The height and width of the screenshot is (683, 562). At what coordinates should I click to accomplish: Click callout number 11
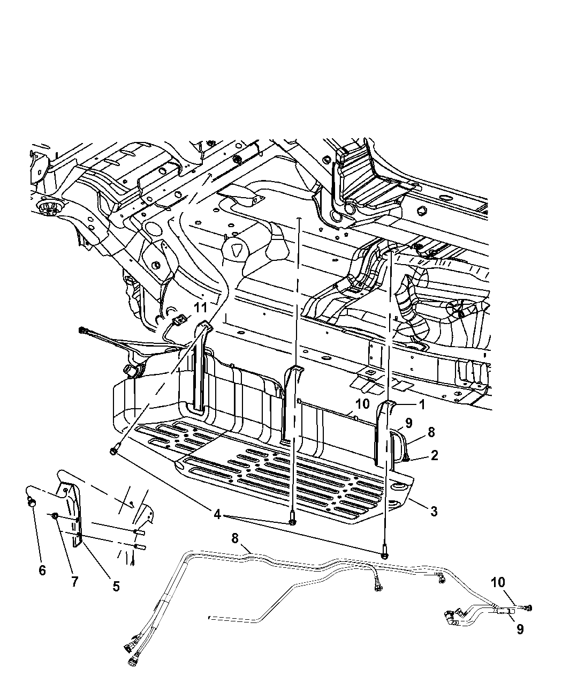click(200, 307)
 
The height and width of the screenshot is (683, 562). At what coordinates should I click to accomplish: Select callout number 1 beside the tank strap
click(422, 404)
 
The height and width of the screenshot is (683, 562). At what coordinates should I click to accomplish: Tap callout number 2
click(434, 455)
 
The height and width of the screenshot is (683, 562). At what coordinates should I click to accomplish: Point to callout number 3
click(434, 511)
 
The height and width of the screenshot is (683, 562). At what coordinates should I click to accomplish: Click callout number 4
click(217, 515)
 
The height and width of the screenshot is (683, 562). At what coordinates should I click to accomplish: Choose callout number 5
click(116, 586)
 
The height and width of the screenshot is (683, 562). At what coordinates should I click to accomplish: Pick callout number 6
click(42, 570)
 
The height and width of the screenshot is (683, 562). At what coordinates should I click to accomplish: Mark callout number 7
click(74, 581)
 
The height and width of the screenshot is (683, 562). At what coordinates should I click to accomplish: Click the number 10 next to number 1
click(362, 404)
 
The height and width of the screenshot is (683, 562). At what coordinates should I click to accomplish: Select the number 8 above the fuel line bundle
click(235, 538)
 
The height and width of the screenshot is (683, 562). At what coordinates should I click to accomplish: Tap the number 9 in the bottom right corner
click(520, 629)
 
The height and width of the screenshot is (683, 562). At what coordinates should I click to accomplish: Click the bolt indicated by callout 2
click(406, 459)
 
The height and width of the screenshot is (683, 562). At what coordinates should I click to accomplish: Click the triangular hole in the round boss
click(236, 251)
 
